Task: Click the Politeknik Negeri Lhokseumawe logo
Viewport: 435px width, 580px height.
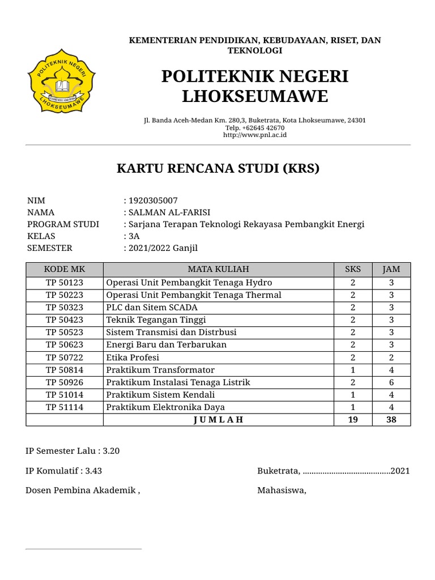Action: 62,82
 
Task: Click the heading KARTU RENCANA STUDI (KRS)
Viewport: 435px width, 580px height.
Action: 218,168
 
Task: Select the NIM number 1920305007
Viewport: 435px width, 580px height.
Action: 153,201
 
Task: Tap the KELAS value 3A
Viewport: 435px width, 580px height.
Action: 134,236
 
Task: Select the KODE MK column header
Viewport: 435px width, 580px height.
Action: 65,269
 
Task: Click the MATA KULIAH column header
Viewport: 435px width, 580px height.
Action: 219,269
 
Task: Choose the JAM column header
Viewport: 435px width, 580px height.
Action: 391,269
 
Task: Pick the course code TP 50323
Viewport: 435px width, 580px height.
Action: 65,308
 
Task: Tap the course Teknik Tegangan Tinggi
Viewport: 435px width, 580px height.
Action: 149,320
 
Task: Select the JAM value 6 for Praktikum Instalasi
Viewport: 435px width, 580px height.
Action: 391,382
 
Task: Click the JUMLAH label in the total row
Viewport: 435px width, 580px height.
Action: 219,420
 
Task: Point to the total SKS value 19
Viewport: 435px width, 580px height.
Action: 353,420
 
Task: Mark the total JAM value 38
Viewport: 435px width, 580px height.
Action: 391,420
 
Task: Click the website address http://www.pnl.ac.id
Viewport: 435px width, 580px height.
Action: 255,135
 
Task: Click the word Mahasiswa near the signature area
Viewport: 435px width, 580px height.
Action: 282,491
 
